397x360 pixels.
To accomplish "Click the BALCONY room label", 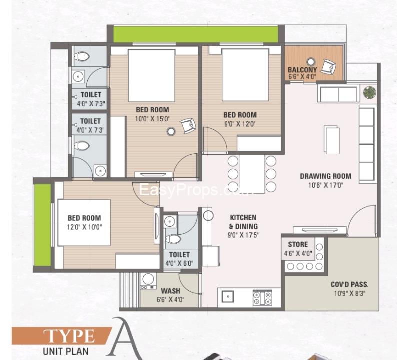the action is (302, 70).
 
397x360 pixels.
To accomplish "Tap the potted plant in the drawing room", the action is (369, 92).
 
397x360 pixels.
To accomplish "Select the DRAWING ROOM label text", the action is (325, 176).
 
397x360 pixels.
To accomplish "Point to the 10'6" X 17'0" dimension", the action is (325, 185).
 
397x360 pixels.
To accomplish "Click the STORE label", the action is (298, 244).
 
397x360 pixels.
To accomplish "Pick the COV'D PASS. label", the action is (349, 284).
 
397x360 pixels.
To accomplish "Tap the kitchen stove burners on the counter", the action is (262, 298).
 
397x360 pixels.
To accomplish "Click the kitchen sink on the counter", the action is (228, 297).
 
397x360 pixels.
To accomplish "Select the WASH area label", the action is (170, 291).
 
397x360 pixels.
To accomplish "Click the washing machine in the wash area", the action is (148, 281).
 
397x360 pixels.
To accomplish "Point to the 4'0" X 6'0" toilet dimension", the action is (179, 263).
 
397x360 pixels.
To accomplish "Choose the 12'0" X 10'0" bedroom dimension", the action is (84, 227).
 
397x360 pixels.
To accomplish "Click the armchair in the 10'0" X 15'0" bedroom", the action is (188, 125).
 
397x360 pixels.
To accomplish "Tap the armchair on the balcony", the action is (328, 67).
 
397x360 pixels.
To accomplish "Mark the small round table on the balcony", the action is (311, 62).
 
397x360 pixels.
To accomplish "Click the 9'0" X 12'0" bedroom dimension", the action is (240, 124).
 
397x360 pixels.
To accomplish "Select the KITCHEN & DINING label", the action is (243, 222).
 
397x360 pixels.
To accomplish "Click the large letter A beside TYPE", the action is (126, 338).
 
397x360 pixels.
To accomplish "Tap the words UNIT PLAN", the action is (65, 351).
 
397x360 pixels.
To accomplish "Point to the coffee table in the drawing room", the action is (332, 140).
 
